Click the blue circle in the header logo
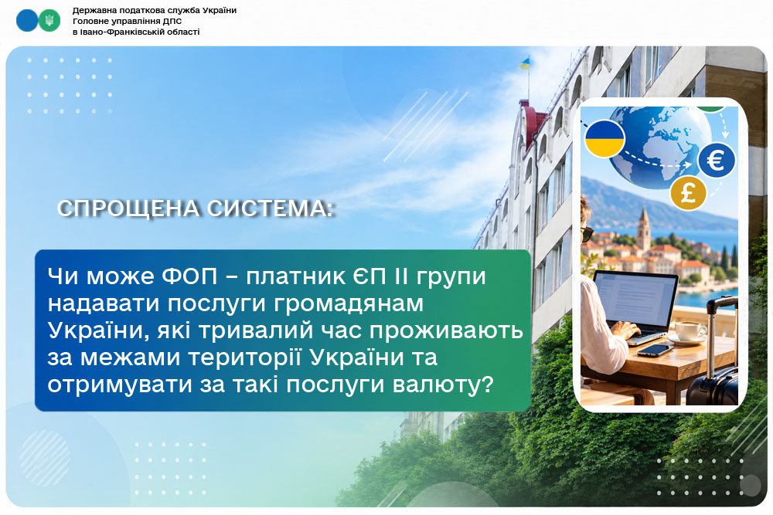(x=26, y=21)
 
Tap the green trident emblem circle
(x=49, y=21)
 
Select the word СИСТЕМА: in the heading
(x=271, y=208)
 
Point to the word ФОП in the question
(x=189, y=276)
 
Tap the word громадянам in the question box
(x=349, y=304)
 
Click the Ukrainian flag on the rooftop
(x=525, y=63)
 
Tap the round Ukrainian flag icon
(x=604, y=138)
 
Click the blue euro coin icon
(x=717, y=160)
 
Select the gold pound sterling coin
(x=688, y=193)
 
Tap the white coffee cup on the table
(x=690, y=331)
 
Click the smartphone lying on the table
(x=656, y=351)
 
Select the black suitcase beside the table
(x=713, y=363)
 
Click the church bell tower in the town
(x=643, y=230)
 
